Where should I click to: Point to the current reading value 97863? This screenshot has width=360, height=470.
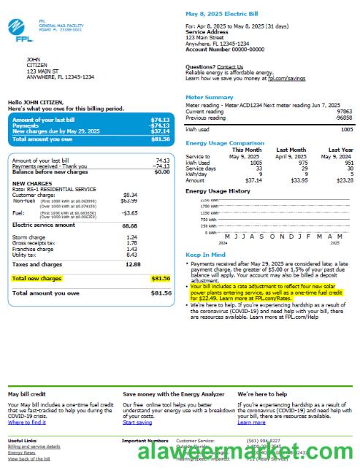[x=345, y=112]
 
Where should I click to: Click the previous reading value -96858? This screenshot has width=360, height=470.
[x=343, y=117]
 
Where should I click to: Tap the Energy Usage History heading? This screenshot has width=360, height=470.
[x=218, y=191]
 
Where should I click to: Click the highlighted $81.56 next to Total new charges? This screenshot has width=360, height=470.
[x=160, y=278]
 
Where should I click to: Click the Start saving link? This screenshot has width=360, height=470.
[x=137, y=423]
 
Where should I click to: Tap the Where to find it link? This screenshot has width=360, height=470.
[x=27, y=423]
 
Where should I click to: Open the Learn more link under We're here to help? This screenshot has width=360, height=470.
[x=251, y=423]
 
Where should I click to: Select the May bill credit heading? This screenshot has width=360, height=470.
[x=27, y=394]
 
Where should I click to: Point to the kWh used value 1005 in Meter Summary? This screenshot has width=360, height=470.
[x=346, y=128]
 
